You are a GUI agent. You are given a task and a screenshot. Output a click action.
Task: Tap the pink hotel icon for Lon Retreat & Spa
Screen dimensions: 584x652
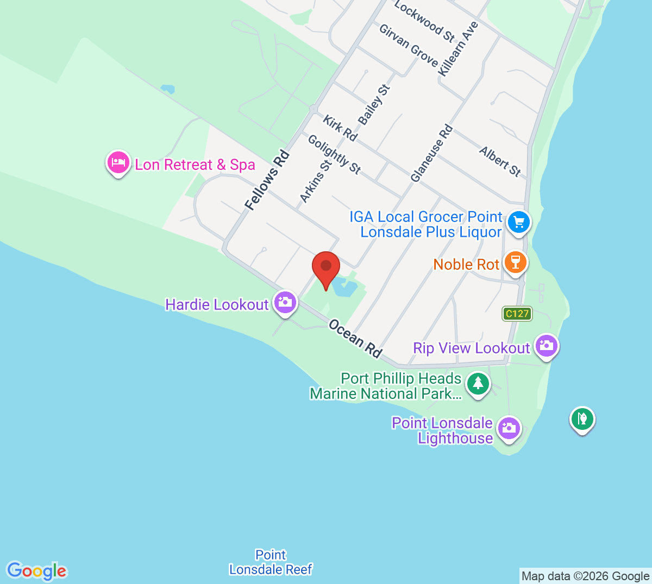pos(118,162)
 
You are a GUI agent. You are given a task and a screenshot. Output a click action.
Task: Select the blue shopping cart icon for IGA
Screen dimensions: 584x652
pos(518,223)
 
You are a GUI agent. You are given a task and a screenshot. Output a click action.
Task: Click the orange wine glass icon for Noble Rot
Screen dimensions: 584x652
pos(515,262)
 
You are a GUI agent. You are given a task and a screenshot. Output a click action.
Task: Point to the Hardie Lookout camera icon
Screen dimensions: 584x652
pos(285,303)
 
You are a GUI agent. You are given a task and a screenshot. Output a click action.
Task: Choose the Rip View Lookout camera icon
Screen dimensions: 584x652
pos(546,346)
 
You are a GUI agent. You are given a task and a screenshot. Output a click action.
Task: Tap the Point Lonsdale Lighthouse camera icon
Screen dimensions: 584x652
pos(509,428)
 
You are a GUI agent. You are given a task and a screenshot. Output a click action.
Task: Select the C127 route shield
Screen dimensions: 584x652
pos(517,314)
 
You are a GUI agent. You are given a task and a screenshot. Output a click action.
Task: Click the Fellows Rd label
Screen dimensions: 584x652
pos(267,181)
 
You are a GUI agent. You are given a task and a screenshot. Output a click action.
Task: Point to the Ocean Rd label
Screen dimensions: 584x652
pos(355,338)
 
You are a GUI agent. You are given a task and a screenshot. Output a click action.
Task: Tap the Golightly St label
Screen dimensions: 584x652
pos(334,154)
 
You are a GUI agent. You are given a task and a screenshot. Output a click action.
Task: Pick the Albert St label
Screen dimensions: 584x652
pos(500,161)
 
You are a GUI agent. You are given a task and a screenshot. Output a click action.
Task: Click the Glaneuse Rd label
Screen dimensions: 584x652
pos(431,154)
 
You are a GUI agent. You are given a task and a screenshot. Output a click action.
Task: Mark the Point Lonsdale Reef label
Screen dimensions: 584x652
pos(271,562)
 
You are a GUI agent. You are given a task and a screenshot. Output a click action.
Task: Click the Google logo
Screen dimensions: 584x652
pos(37,570)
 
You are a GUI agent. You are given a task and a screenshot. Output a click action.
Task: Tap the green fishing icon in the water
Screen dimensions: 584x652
pos(582,420)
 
